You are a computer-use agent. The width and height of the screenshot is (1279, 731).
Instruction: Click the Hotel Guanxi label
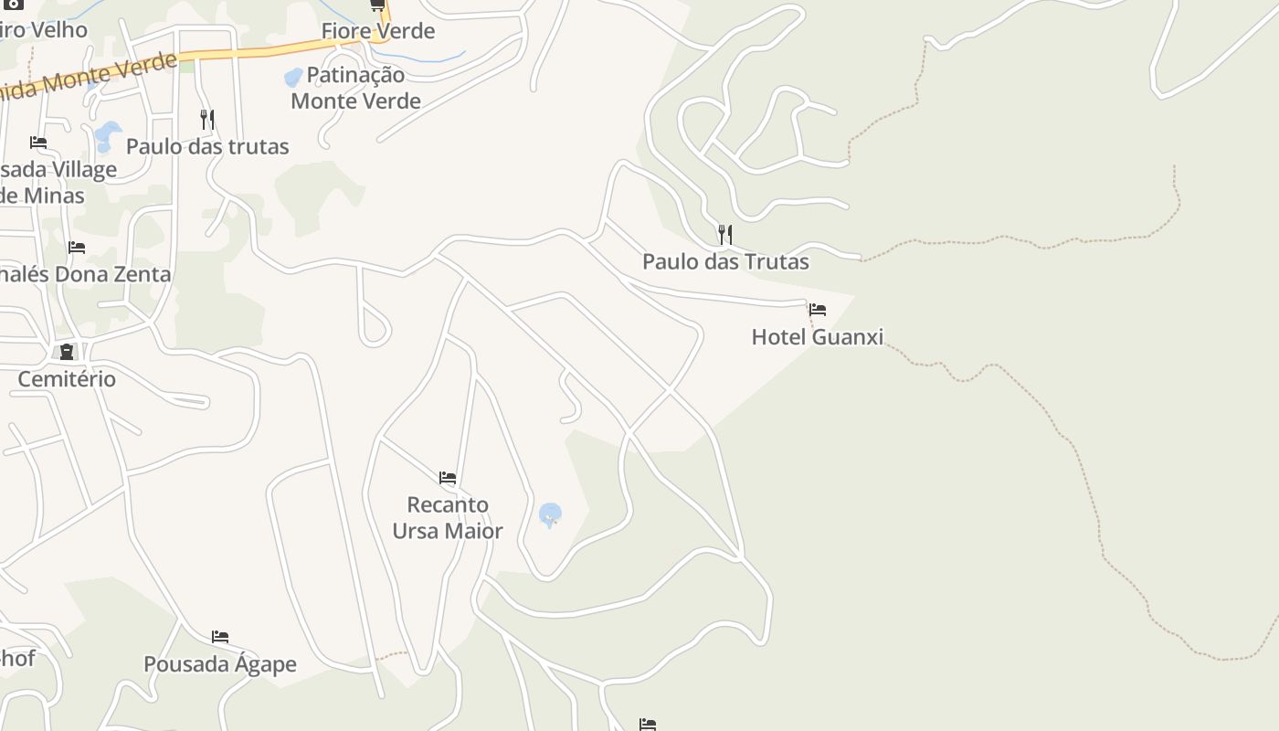pyautogui.click(x=817, y=337)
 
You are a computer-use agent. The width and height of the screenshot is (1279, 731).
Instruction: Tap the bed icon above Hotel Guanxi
pyautogui.click(x=818, y=310)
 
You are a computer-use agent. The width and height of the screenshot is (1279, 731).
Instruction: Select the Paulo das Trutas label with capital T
pyautogui.click(x=725, y=262)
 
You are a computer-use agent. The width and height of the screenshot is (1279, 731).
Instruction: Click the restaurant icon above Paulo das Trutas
pyautogui.click(x=724, y=235)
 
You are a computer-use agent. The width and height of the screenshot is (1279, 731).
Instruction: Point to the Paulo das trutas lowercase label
pyautogui.click(x=207, y=146)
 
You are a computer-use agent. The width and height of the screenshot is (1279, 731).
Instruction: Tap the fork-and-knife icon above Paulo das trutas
pyautogui.click(x=207, y=119)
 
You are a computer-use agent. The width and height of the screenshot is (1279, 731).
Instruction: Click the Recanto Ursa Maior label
pyautogui.click(x=448, y=517)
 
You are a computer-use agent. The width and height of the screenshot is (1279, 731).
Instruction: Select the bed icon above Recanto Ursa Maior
pyautogui.click(x=448, y=477)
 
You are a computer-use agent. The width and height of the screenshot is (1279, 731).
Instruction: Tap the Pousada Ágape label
pyautogui.click(x=220, y=664)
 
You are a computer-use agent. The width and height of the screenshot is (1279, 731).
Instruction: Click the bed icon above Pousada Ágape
pyautogui.click(x=220, y=637)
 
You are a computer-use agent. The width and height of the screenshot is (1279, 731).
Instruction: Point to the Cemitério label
pyautogui.click(x=67, y=378)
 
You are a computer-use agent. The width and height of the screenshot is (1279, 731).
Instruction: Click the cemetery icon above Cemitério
pyautogui.click(x=67, y=352)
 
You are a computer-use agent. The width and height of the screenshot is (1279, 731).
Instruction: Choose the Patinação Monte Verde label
pyautogui.click(x=355, y=88)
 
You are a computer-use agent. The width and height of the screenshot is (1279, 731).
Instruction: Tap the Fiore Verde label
pyautogui.click(x=377, y=31)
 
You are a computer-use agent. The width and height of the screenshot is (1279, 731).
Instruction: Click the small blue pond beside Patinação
pyautogui.click(x=293, y=77)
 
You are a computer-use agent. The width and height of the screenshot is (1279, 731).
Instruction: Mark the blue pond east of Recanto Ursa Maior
pyautogui.click(x=550, y=514)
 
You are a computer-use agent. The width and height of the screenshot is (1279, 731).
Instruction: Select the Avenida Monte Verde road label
pyautogui.click(x=91, y=79)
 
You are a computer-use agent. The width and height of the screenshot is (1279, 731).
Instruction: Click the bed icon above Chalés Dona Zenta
pyautogui.click(x=77, y=248)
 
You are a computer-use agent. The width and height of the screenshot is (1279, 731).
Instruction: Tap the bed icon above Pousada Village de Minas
pyautogui.click(x=38, y=143)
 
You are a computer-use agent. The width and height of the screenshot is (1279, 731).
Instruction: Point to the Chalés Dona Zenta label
pyautogui.click(x=85, y=274)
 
